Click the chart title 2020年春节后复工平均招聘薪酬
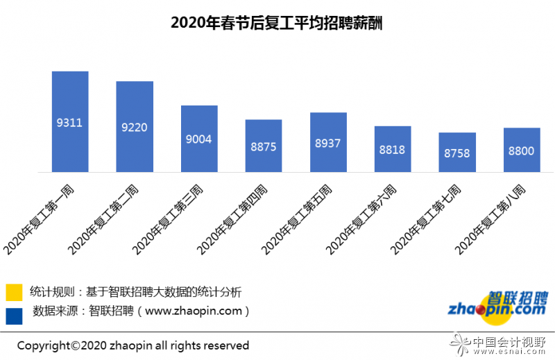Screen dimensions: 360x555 click(277, 23)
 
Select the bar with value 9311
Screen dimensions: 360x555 click(70, 121)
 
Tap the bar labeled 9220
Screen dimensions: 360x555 click(135, 126)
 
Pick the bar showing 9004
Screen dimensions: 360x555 click(199, 138)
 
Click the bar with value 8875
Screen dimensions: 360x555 click(264, 146)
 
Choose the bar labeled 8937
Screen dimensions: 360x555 click(328, 142)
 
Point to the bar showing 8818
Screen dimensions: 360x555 click(393, 148)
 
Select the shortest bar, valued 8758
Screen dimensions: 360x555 click(457, 152)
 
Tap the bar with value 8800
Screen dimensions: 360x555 click(522, 150)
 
